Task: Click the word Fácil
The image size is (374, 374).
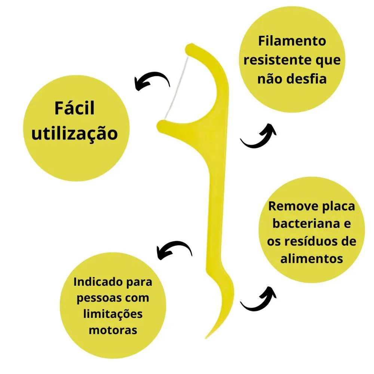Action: point(74,108)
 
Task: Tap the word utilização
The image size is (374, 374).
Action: point(75,134)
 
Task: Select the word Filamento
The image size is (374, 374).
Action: point(292,41)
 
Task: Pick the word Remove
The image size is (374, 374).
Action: point(294,206)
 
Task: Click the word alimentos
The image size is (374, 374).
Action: point(312,258)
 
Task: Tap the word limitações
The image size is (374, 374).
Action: point(113,314)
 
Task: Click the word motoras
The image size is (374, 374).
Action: point(113,330)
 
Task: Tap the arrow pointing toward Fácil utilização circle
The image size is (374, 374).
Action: point(152,79)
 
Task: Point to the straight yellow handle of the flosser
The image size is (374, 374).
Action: point(215,215)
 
